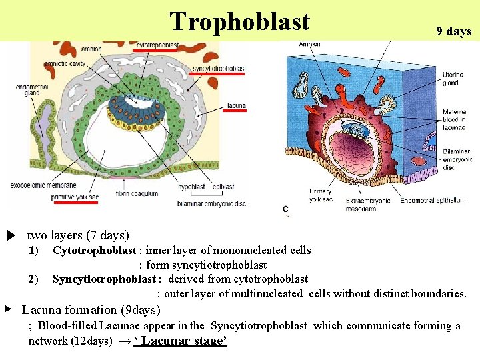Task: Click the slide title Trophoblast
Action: [239, 21]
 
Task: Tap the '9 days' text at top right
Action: [453, 31]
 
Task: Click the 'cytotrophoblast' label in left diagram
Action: [157, 45]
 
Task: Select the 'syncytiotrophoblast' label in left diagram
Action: [219, 69]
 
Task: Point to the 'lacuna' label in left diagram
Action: [236, 105]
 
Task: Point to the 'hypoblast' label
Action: [191, 187]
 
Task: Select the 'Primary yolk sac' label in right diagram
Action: [321, 195]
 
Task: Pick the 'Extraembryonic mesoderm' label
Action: [369, 205]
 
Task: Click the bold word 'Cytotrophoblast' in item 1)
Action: [94, 251]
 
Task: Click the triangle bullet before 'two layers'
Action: [11, 235]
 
